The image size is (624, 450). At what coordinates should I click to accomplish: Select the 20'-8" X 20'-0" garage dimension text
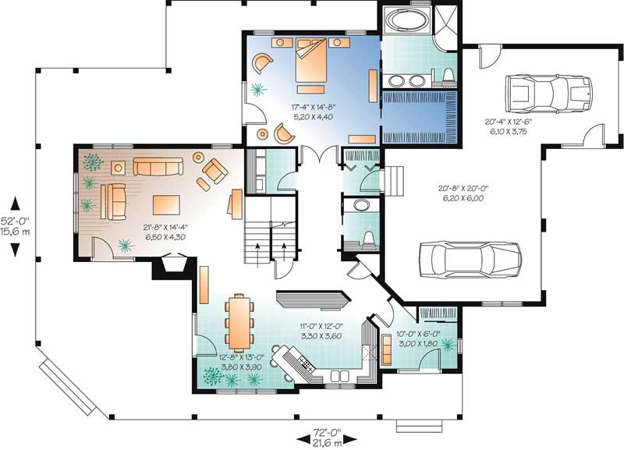coord(462,193)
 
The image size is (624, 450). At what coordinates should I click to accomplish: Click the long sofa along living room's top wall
coord(157,166)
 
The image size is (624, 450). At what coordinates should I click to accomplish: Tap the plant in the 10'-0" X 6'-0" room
coord(447,342)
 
